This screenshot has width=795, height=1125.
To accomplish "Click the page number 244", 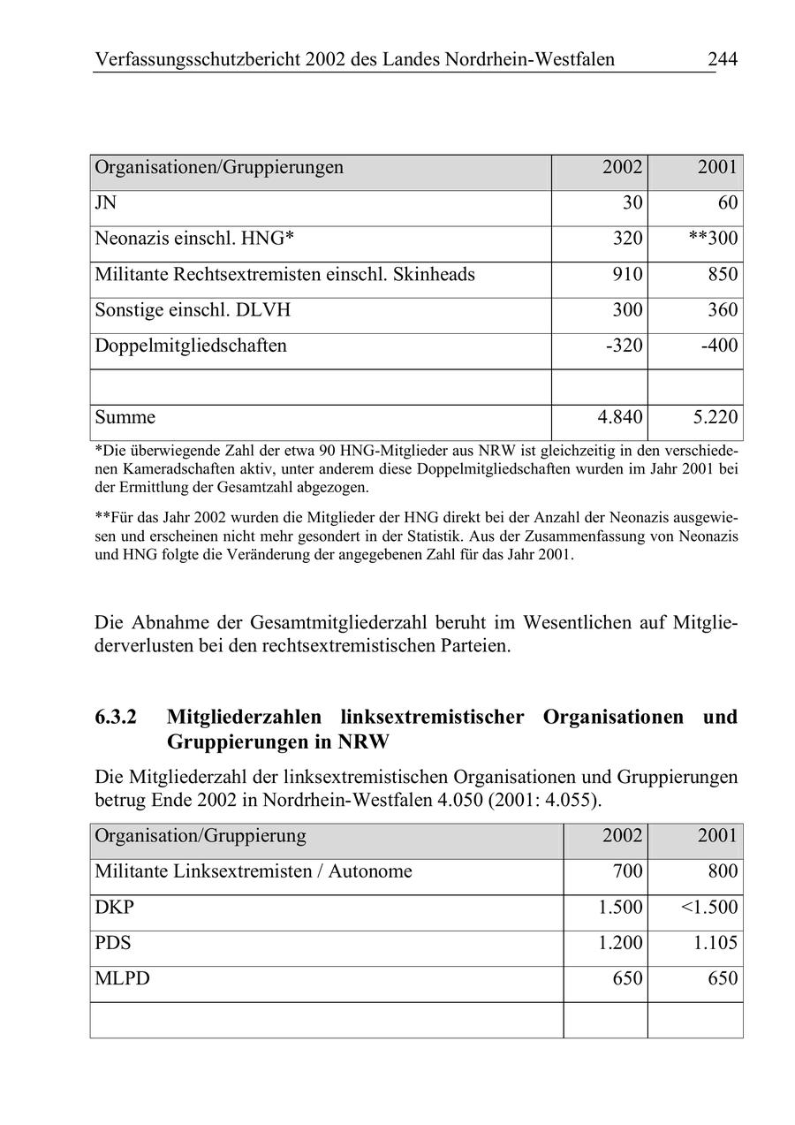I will click(722, 60).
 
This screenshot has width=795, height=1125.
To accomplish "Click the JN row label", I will click(105, 203).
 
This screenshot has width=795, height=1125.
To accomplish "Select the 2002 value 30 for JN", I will click(632, 203).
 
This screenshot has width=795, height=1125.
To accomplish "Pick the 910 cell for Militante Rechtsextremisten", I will click(627, 275).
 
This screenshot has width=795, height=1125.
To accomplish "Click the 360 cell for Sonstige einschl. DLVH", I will click(722, 310).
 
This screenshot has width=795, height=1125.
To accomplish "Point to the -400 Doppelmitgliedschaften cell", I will click(719, 346).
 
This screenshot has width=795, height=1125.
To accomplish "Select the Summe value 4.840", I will click(620, 417).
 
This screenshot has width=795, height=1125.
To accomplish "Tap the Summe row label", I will click(125, 417).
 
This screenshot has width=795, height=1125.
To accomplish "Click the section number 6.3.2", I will click(116, 717).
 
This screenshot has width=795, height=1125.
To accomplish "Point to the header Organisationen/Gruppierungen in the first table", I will click(219, 167).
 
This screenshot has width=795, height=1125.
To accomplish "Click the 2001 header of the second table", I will click(716, 836).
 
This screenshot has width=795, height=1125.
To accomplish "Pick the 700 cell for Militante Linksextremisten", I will click(627, 872).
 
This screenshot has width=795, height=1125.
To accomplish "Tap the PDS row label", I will click(112, 943).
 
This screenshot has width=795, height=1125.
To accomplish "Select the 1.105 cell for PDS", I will click(715, 943).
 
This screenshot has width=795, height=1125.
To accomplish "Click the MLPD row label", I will click(122, 979).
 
